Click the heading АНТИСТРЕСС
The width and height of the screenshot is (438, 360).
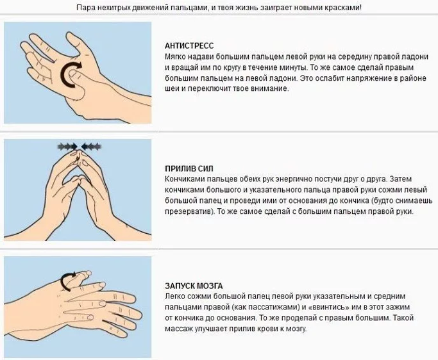tap(189, 45)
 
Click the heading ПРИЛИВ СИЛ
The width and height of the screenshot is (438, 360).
tap(189, 168)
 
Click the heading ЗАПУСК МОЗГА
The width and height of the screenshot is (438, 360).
tap(194, 286)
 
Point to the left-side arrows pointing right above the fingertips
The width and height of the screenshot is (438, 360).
tap(67, 146)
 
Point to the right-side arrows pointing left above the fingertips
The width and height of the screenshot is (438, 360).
tap(91, 146)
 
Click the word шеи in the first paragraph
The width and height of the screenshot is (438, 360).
tap(171, 89)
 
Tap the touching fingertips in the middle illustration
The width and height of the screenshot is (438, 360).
tap(78, 153)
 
